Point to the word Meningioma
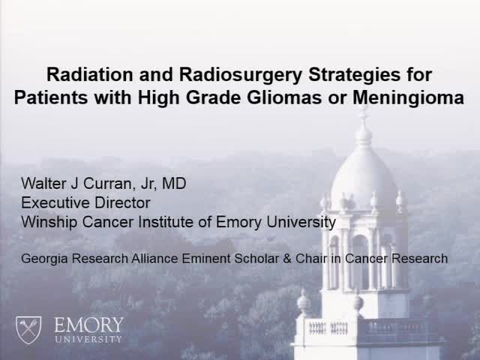click(x=406, y=97)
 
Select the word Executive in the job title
click(x=53, y=202)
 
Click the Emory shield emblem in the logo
click(x=30, y=328)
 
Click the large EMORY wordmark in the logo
click(x=88, y=325)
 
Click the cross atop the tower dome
click(x=364, y=112)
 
